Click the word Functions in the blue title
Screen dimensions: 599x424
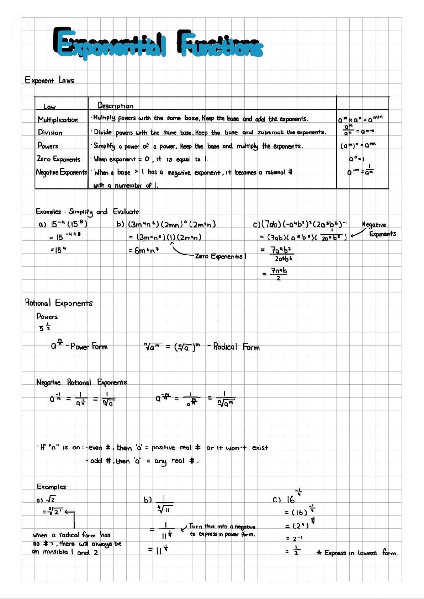pos(221,44)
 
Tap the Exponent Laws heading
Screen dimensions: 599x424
pos(49,80)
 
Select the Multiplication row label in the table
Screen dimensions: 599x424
pos(58,120)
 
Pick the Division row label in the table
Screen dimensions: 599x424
pos(50,133)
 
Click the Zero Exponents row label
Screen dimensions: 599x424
pos(59,159)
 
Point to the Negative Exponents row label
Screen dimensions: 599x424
pos(61,172)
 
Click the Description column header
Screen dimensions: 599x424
pos(115,106)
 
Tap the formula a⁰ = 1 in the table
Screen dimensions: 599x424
pos(356,159)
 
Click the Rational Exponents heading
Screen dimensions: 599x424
pos(59,303)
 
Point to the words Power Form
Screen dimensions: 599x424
pos(89,347)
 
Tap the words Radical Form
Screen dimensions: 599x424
pos(236,347)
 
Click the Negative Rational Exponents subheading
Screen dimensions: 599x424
pos(81,383)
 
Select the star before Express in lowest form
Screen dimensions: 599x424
pos(319,552)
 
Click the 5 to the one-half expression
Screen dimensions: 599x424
pos(44,327)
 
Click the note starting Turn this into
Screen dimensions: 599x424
pos(222,530)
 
